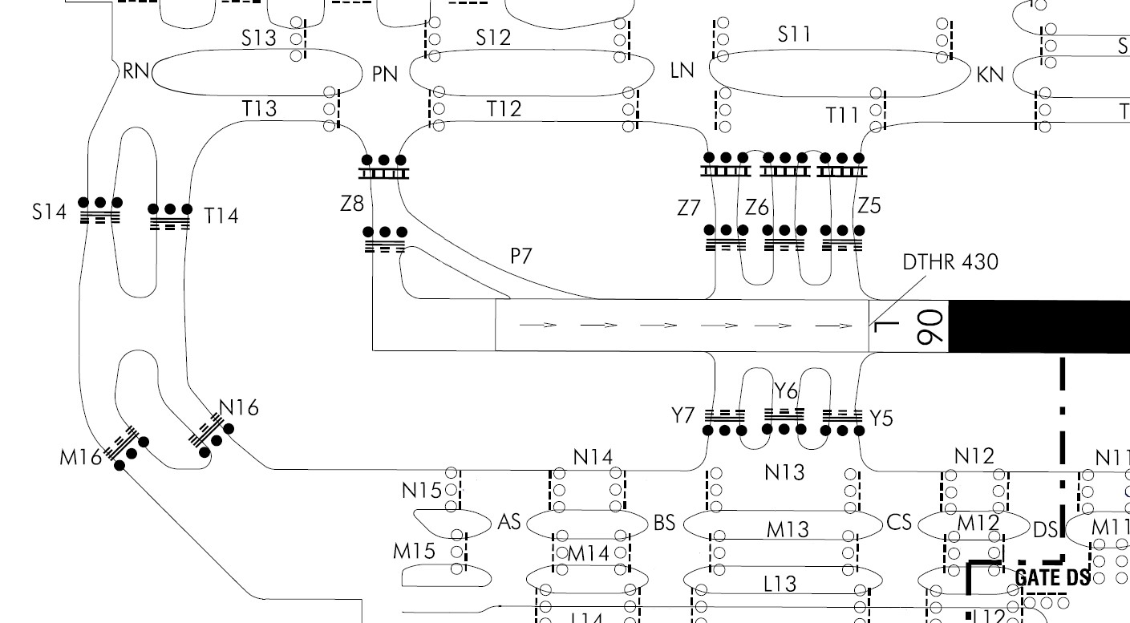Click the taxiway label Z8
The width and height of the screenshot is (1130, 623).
[352, 204]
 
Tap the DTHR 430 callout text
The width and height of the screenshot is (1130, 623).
[951, 261]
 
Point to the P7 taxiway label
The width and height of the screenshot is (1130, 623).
[522, 257]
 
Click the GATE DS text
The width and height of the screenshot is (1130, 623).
[1052, 577]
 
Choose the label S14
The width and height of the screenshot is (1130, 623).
[50, 212]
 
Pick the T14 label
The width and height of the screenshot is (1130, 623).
[221, 216]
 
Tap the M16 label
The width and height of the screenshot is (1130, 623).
[81, 457]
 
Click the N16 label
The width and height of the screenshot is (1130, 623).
[239, 408]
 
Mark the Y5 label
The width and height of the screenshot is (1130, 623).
[881, 418]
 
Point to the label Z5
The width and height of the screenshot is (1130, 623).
[869, 206]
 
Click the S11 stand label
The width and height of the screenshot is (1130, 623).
[794, 34]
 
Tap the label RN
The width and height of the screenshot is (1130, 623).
[137, 71]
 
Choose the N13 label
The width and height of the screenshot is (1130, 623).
[784, 473]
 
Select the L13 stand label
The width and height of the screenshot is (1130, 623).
[780, 584]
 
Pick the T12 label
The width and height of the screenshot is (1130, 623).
[504, 108]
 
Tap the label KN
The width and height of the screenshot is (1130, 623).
[990, 75]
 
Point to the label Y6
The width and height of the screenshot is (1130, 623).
[786, 391]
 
